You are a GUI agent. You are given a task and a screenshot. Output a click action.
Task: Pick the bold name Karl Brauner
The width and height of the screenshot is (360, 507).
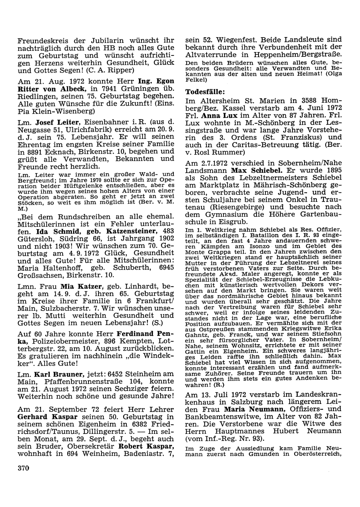click(x=59, y=373)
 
